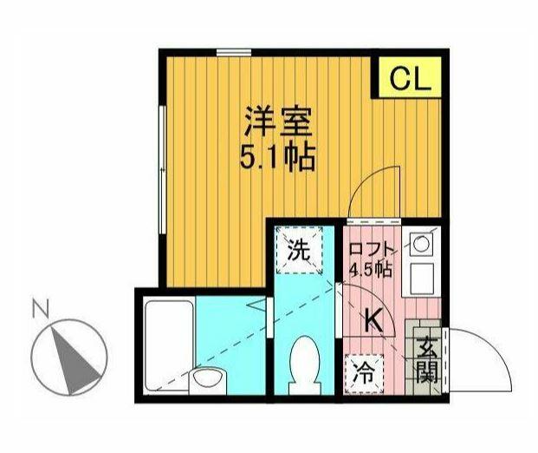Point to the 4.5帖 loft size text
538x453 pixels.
(x=371, y=269)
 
